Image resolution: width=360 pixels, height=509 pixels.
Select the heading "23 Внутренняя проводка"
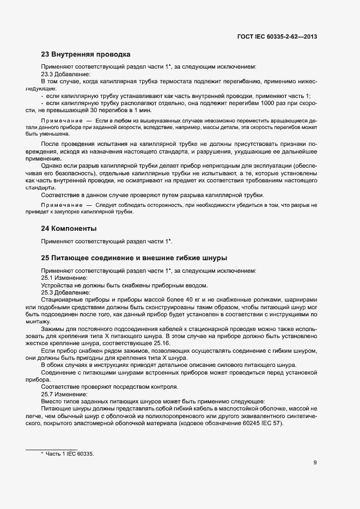coord(86,54)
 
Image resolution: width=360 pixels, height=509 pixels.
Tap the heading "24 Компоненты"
coord(69,228)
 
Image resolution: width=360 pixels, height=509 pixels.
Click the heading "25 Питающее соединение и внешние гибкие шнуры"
coord(134,257)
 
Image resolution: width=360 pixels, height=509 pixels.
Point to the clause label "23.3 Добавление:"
coord(66,73)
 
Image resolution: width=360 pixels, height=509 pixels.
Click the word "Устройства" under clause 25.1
coord(58,285)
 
